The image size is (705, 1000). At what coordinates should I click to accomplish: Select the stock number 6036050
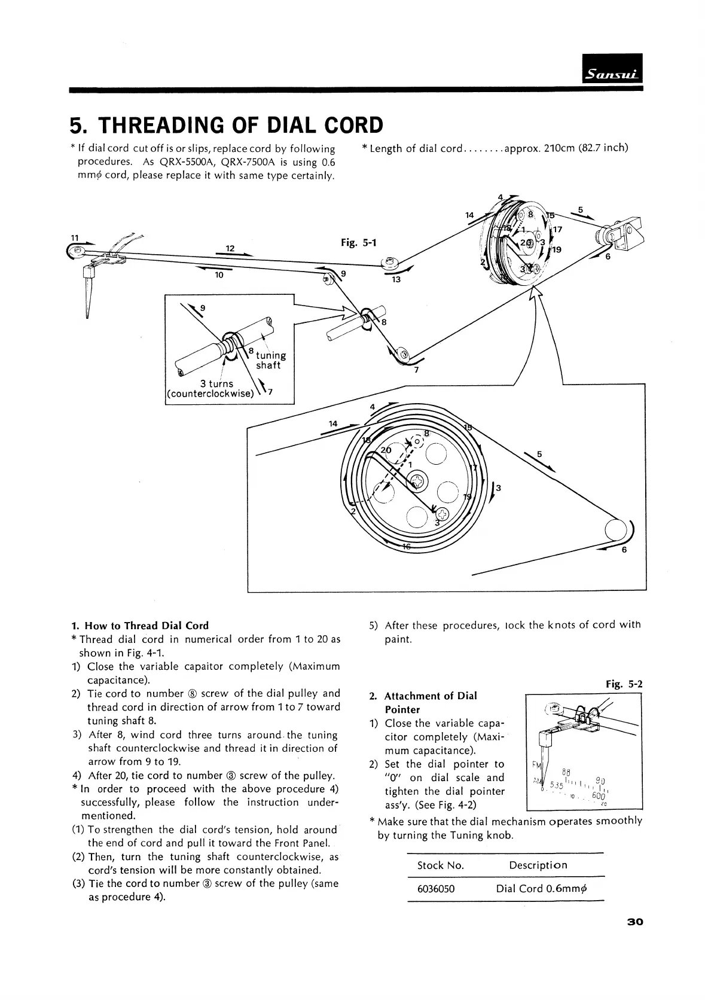tap(435, 889)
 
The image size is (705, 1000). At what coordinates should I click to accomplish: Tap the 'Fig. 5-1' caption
tap(358, 242)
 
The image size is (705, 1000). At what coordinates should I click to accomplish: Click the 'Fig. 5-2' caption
tap(624, 684)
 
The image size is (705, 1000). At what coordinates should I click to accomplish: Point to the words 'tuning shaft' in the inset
tap(270, 360)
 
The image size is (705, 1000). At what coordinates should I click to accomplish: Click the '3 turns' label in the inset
tap(216, 383)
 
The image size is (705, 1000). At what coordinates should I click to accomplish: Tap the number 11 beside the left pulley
tap(75, 237)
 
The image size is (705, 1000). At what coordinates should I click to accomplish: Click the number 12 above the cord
tap(230, 248)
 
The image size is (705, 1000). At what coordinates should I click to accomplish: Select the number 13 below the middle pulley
tap(396, 279)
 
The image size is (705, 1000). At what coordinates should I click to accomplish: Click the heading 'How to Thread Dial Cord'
tap(147, 626)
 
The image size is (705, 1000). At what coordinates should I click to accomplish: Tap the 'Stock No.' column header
tap(440, 865)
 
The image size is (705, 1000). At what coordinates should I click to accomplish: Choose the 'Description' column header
tap(538, 865)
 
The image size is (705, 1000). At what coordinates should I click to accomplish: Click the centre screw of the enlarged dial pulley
tap(416, 480)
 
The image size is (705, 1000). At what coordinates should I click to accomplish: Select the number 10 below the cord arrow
tap(219, 275)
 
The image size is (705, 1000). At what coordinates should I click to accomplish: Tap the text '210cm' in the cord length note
tap(560, 148)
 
